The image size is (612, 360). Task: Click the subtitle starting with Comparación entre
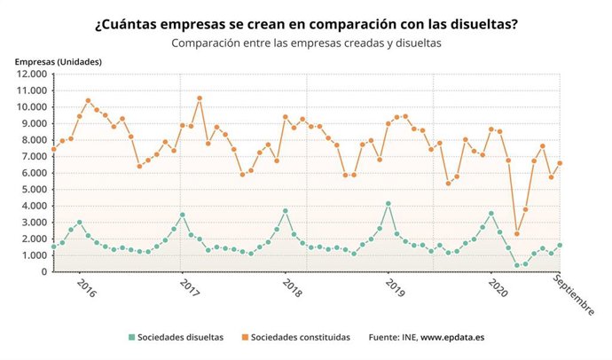point(306,42)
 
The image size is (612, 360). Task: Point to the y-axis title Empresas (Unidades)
point(59,61)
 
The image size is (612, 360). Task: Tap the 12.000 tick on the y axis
point(31,74)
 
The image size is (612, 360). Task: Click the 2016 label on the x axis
point(86,288)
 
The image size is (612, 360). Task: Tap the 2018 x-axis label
point(291,288)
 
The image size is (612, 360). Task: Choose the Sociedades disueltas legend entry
point(176,337)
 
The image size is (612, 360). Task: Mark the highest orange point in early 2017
point(200,98)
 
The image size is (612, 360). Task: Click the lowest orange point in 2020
point(517,234)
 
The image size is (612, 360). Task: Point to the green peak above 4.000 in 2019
point(388,204)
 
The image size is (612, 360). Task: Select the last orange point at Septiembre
point(560,163)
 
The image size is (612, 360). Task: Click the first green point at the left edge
point(53,247)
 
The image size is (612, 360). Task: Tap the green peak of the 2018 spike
point(285,211)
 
